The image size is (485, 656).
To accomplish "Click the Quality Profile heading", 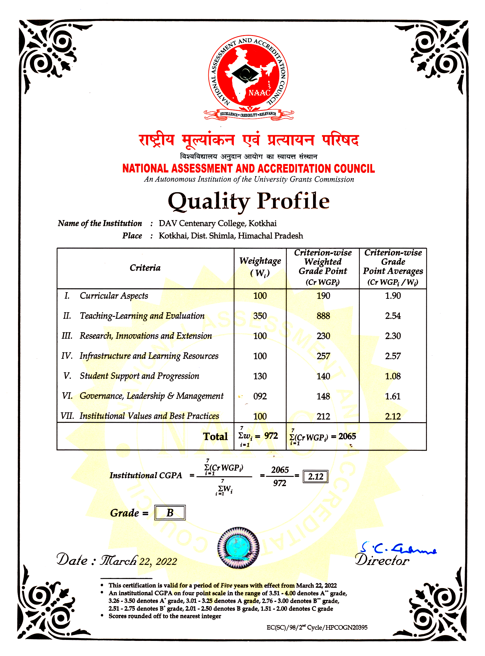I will coord(248,201).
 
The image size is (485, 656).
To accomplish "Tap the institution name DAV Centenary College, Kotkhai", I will coord(218,223).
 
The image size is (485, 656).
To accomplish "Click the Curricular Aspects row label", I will coord(114,296).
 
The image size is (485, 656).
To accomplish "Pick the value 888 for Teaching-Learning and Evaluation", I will coord(323,316).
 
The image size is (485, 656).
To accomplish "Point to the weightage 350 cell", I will coord(260,316).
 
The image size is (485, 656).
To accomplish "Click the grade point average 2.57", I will coord(393,356).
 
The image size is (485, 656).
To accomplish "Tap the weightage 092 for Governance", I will coord(260,396).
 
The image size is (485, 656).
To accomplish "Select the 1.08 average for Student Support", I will coord(393,376).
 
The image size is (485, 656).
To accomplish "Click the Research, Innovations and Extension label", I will coord(146,336).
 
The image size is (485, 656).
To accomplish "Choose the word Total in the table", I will coord(215,437).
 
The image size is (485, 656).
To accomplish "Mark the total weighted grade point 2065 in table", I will coord(347,436).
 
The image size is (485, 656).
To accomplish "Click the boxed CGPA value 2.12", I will coord(315,477).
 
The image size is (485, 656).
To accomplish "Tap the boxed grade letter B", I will coord(170,513).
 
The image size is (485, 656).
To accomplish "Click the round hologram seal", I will coord(238,548).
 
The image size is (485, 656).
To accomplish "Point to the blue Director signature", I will coord(399,548).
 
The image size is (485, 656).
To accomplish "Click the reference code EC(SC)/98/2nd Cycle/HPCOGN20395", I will coord(317,627).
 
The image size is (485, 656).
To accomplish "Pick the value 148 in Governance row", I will coord(323,396).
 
